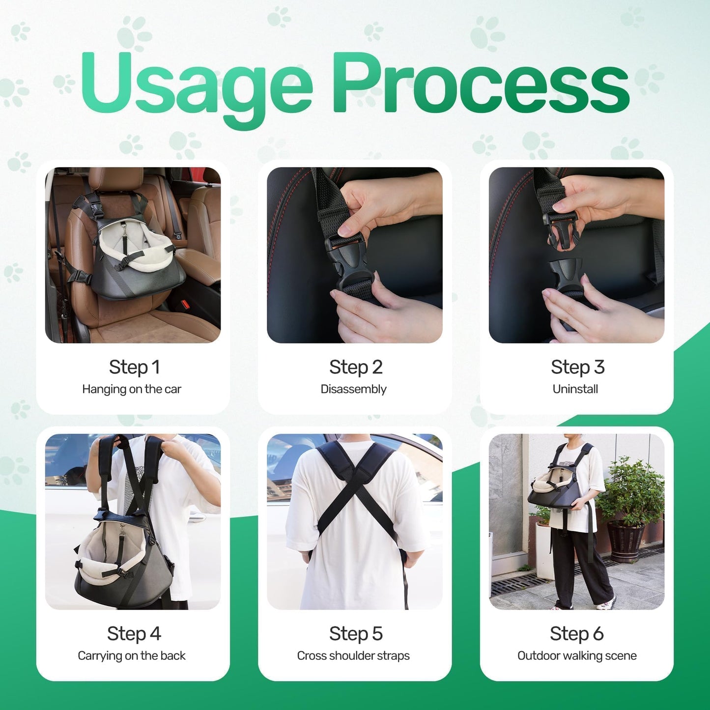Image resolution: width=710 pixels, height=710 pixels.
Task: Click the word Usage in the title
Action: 197,87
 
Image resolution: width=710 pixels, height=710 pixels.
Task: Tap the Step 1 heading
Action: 135,367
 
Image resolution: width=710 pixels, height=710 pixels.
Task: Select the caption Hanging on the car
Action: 132,389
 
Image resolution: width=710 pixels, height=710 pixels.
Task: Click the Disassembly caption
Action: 354,389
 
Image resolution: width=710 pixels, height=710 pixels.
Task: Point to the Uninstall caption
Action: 575,389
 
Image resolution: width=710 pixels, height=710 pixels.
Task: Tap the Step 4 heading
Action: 134,634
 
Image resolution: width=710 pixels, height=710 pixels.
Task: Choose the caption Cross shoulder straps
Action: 353,656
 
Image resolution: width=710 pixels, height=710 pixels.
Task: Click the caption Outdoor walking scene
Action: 577,656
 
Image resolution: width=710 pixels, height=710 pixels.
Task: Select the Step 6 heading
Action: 577,634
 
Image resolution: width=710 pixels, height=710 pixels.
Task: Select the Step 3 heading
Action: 578,367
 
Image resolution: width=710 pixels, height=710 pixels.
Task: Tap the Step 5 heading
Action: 356,634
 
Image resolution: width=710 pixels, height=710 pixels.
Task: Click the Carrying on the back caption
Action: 132,656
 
